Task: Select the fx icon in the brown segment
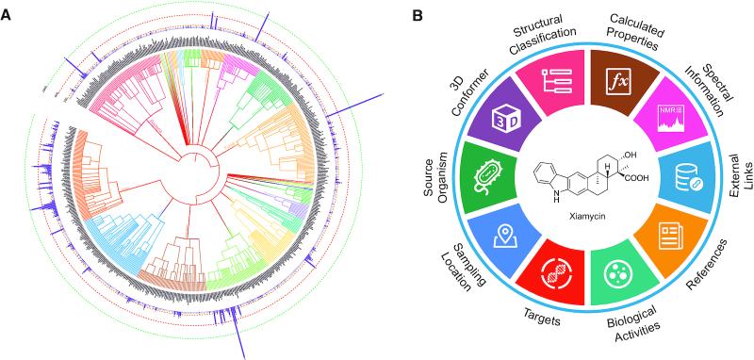click(x=621, y=81)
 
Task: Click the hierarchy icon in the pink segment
click(x=556, y=82)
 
